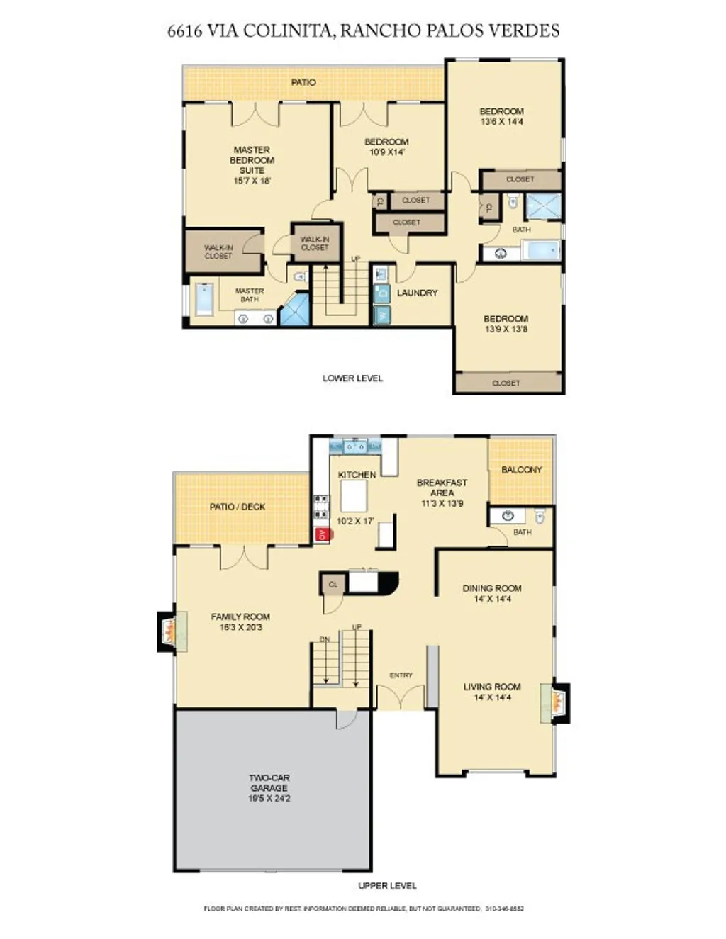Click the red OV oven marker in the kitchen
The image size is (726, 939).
tap(322, 534)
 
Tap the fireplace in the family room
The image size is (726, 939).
tap(167, 631)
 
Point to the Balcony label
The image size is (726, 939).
tap(521, 470)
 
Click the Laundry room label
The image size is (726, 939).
tap(417, 293)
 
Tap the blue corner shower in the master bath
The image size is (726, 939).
tap(296, 311)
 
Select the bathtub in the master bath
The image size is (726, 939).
tap(204, 299)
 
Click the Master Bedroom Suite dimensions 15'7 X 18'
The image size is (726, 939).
tap(252, 181)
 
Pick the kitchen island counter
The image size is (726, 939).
tap(354, 495)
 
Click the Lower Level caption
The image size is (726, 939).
tap(352, 378)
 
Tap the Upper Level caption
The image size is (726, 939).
tap(387, 886)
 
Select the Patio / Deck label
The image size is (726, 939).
tap(238, 507)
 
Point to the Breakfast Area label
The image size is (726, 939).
tap(442, 488)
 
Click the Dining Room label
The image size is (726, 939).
tap(492, 588)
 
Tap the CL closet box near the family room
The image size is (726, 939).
tap(333, 585)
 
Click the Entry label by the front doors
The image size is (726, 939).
tap(401, 675)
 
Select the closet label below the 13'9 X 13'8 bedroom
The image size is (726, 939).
tap(506, 383)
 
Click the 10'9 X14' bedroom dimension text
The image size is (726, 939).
tap(386, 152)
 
